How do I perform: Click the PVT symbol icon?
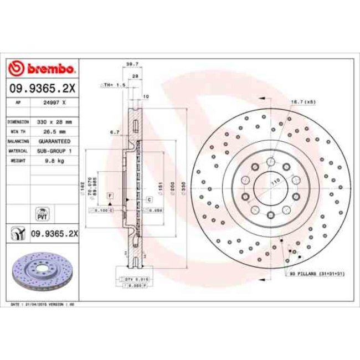point(42,212)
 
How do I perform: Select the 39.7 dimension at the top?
point(132,64)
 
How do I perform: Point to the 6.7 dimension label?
point(115,132)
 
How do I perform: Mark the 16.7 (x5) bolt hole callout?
point(303,102)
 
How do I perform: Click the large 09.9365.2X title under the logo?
point(42,87)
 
